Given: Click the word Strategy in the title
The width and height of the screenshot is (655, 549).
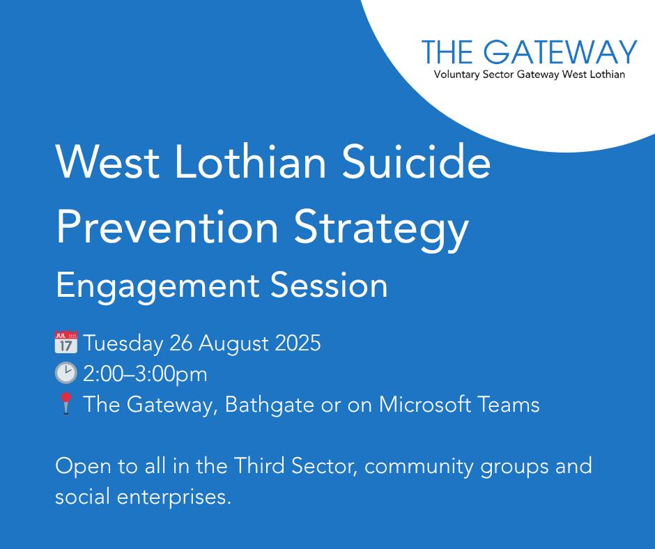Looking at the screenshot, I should [380, 228].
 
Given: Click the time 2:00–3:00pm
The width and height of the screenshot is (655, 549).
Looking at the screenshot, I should [145, 374].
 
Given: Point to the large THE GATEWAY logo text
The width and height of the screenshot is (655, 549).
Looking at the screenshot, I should [530, 52].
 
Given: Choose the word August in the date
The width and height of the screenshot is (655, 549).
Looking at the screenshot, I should [231, 344].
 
